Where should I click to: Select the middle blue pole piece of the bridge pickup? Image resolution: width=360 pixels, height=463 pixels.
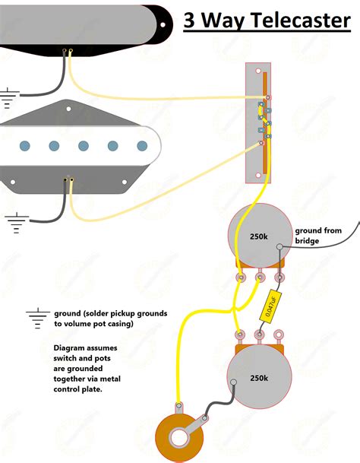tap(84, 145)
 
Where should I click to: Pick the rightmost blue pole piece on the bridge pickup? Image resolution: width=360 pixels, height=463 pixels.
tap(141, 145)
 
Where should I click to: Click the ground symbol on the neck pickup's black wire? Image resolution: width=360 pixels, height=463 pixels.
tap(8, 97)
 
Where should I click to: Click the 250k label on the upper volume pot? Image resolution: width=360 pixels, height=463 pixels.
tap(259, 236)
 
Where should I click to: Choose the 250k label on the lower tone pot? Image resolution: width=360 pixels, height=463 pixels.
tap(259, 378)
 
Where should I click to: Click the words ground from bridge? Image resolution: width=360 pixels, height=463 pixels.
tap(318, 236)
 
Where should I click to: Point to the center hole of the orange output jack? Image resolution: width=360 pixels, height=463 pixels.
tap(180, 439)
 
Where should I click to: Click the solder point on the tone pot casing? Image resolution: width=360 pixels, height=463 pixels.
tap(232, 382)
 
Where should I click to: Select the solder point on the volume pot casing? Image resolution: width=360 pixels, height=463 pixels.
tap(280, 246)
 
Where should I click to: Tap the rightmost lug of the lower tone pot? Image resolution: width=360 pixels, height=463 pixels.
tap(279, 332)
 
